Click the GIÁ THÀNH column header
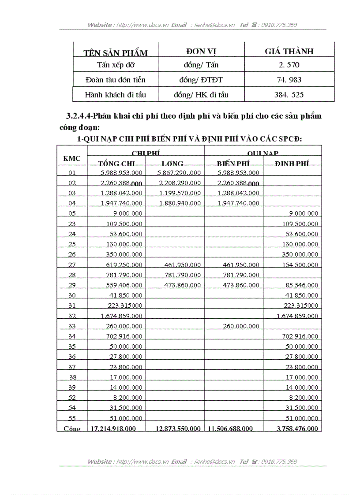[289, 51]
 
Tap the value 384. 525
[289, 94]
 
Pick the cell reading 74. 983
[289, 80]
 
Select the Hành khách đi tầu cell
[115, 94]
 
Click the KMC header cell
[72, 158]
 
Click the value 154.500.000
[300, 265]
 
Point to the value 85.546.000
[300, 285]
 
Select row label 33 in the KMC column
[72, 326]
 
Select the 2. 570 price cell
[289, 65]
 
